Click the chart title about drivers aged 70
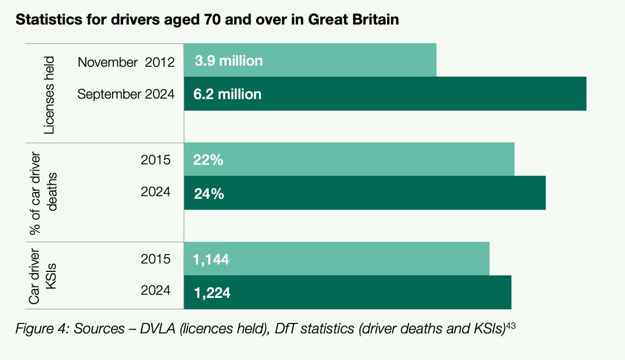208,20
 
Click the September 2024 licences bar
417,94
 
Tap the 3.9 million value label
229,61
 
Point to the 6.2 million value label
227,94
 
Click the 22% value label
208,160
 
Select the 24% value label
209,194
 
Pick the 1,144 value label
211,259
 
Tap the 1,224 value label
212,293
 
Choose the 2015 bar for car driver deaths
365,159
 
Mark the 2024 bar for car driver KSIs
365,292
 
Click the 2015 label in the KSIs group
155,259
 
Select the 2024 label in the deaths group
155,191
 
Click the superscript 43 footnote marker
511,326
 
